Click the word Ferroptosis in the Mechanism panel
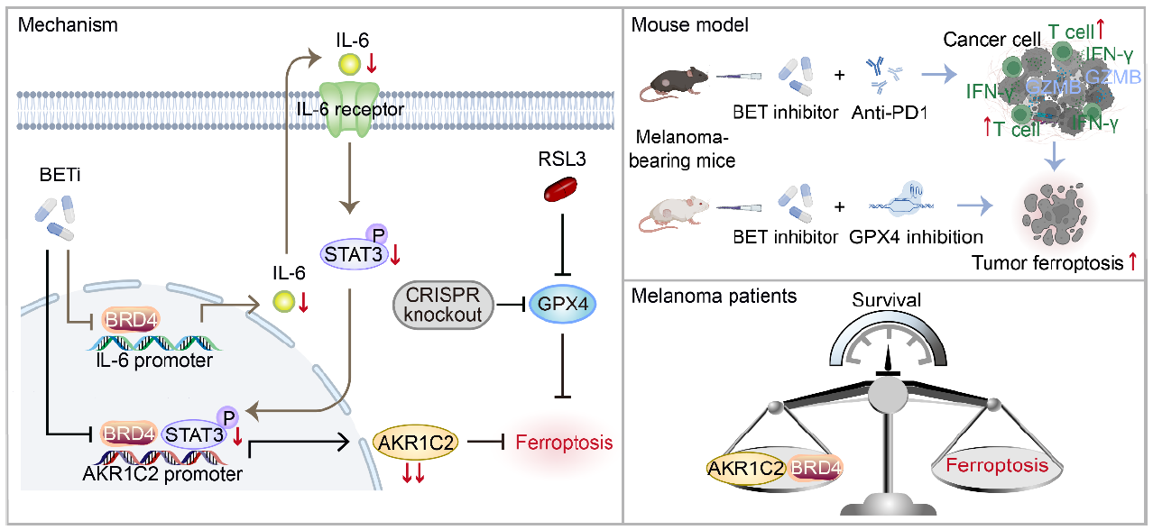[x=564, y=443]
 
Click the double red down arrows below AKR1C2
[x=414, y=475]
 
